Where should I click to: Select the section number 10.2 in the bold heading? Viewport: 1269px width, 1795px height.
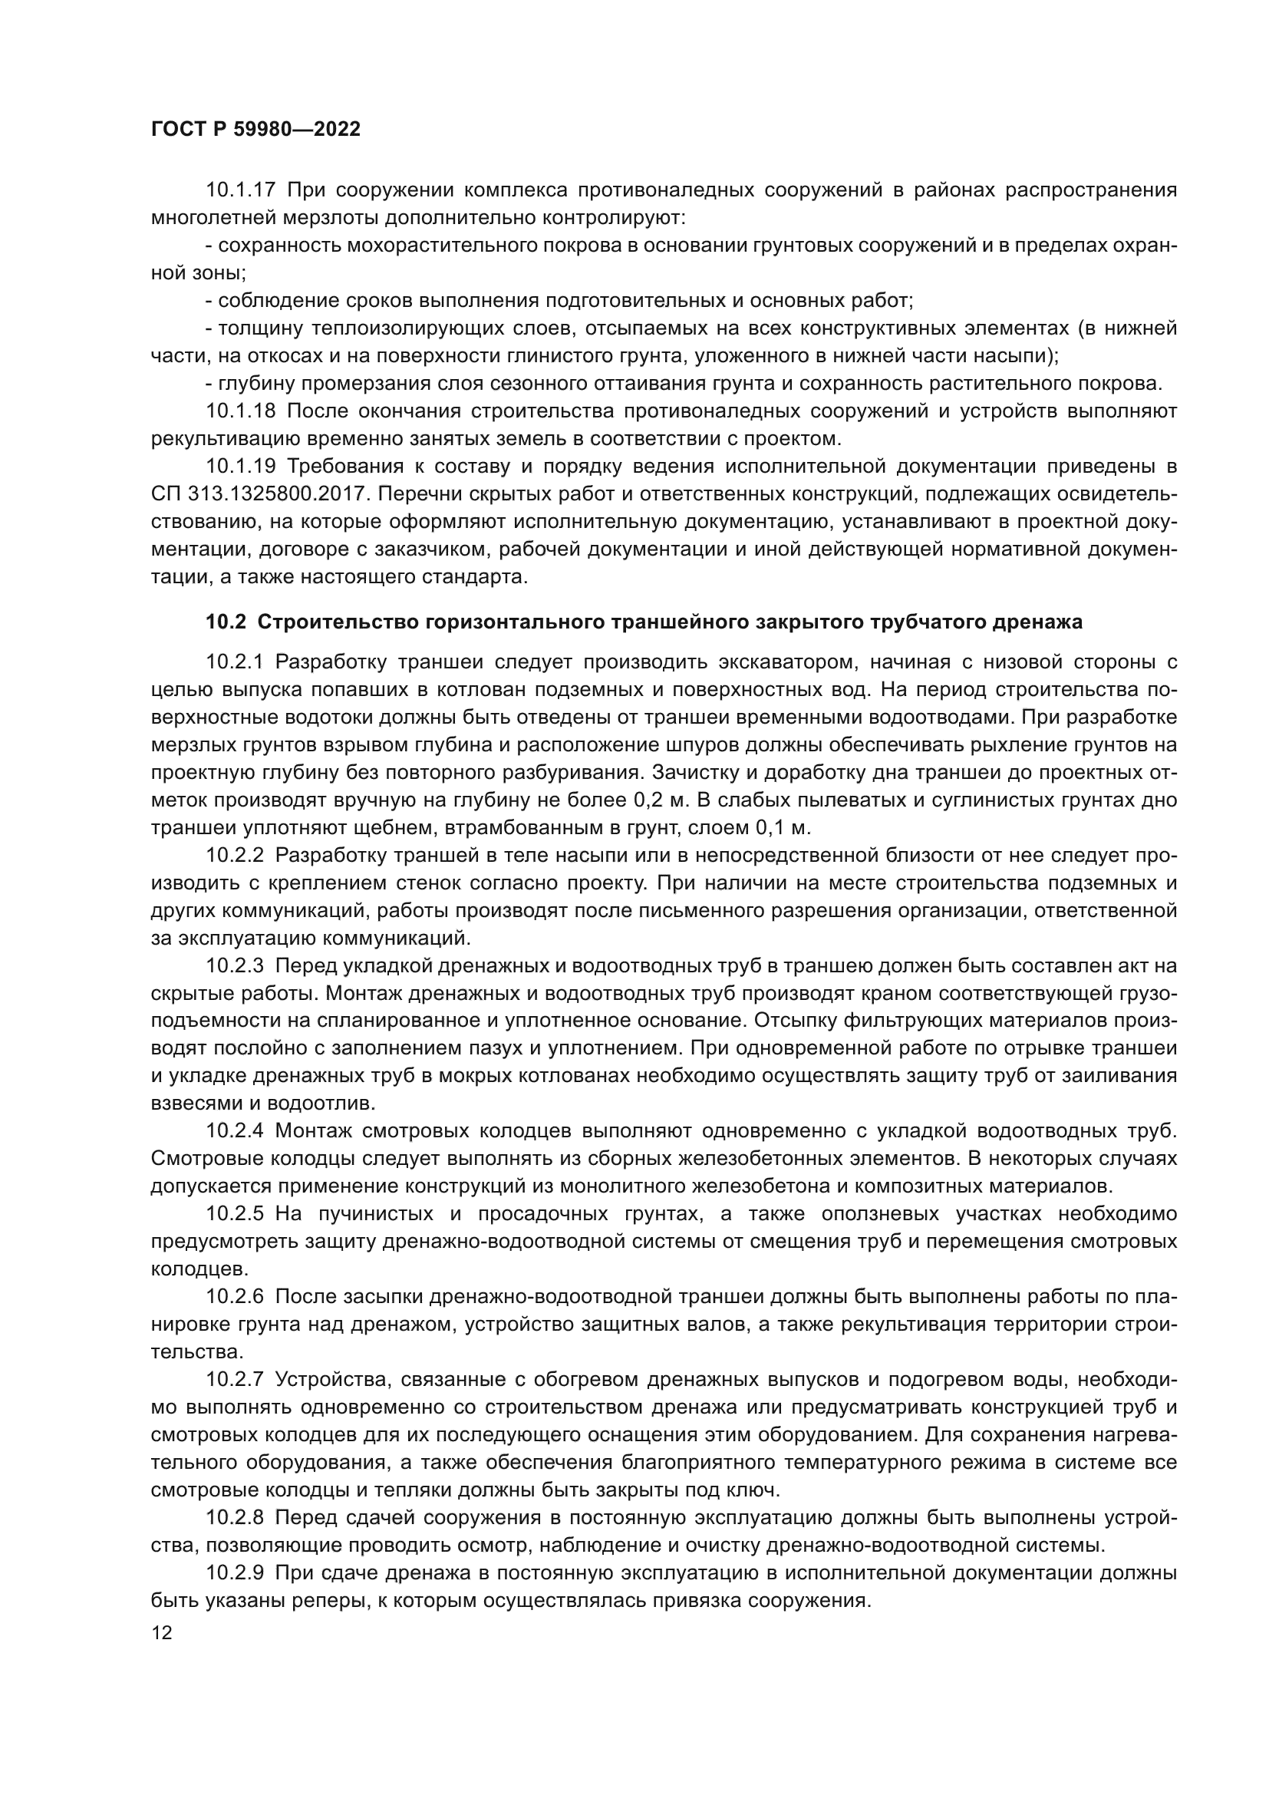click(226, 622)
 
